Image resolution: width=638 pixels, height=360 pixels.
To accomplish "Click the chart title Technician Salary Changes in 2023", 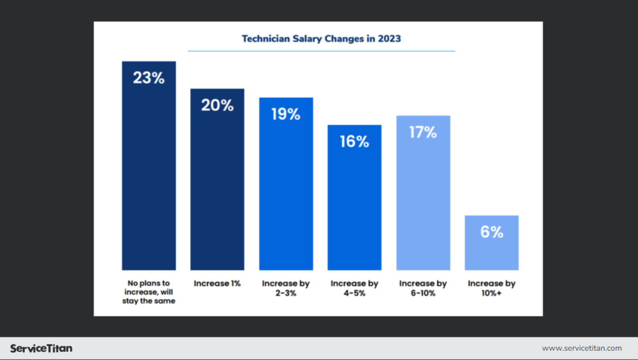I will click(321, 39).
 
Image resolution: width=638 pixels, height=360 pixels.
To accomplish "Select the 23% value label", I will click(149, 78).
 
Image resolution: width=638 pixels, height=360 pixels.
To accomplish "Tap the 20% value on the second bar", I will click(217, 105).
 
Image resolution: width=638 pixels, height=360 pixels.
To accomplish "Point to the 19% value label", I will click(286, 114).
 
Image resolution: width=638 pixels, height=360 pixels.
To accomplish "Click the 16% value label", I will click(354, 142).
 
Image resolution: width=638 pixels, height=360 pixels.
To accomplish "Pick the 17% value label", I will click(423, 132).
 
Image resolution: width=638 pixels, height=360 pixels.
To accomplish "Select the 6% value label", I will click(492, 232).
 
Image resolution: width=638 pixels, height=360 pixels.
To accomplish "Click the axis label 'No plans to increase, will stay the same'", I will click(149, 292).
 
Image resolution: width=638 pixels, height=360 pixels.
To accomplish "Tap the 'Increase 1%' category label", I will click(217, 284).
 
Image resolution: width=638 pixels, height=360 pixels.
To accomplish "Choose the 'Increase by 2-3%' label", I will click(286, 288).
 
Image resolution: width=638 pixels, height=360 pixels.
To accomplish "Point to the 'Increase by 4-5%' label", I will click(354, 288).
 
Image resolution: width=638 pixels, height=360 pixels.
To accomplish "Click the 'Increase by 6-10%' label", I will click(423, 288).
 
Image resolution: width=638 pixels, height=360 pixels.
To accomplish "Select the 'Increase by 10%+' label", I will click(492, 288).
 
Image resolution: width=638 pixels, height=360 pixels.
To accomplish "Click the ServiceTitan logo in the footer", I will click(41, 348).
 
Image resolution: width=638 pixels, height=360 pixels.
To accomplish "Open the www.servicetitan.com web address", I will click(581, 348).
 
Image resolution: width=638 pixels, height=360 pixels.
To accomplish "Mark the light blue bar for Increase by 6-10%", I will click(423, 202).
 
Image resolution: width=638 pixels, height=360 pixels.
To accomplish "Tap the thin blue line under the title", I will click(321, 51).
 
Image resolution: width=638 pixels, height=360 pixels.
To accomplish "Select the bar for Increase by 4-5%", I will click(354, 207).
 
